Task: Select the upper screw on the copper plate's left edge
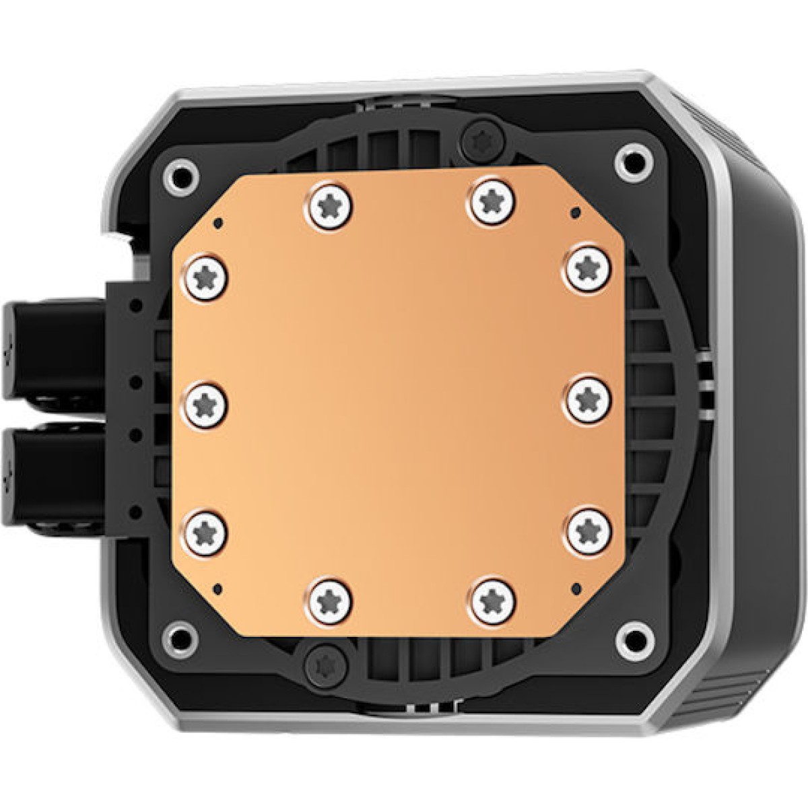point(204,276)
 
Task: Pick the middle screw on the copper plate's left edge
point(204,405)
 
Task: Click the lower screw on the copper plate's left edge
point(204,533)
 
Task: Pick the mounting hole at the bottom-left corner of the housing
point(180,636)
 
